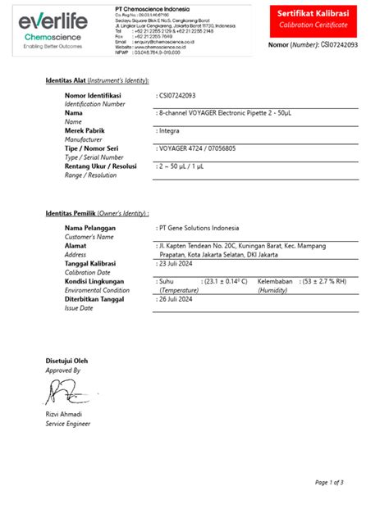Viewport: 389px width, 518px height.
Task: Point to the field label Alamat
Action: (x=76, y=245)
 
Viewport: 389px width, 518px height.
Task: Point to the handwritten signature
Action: (x=66, y=394)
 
